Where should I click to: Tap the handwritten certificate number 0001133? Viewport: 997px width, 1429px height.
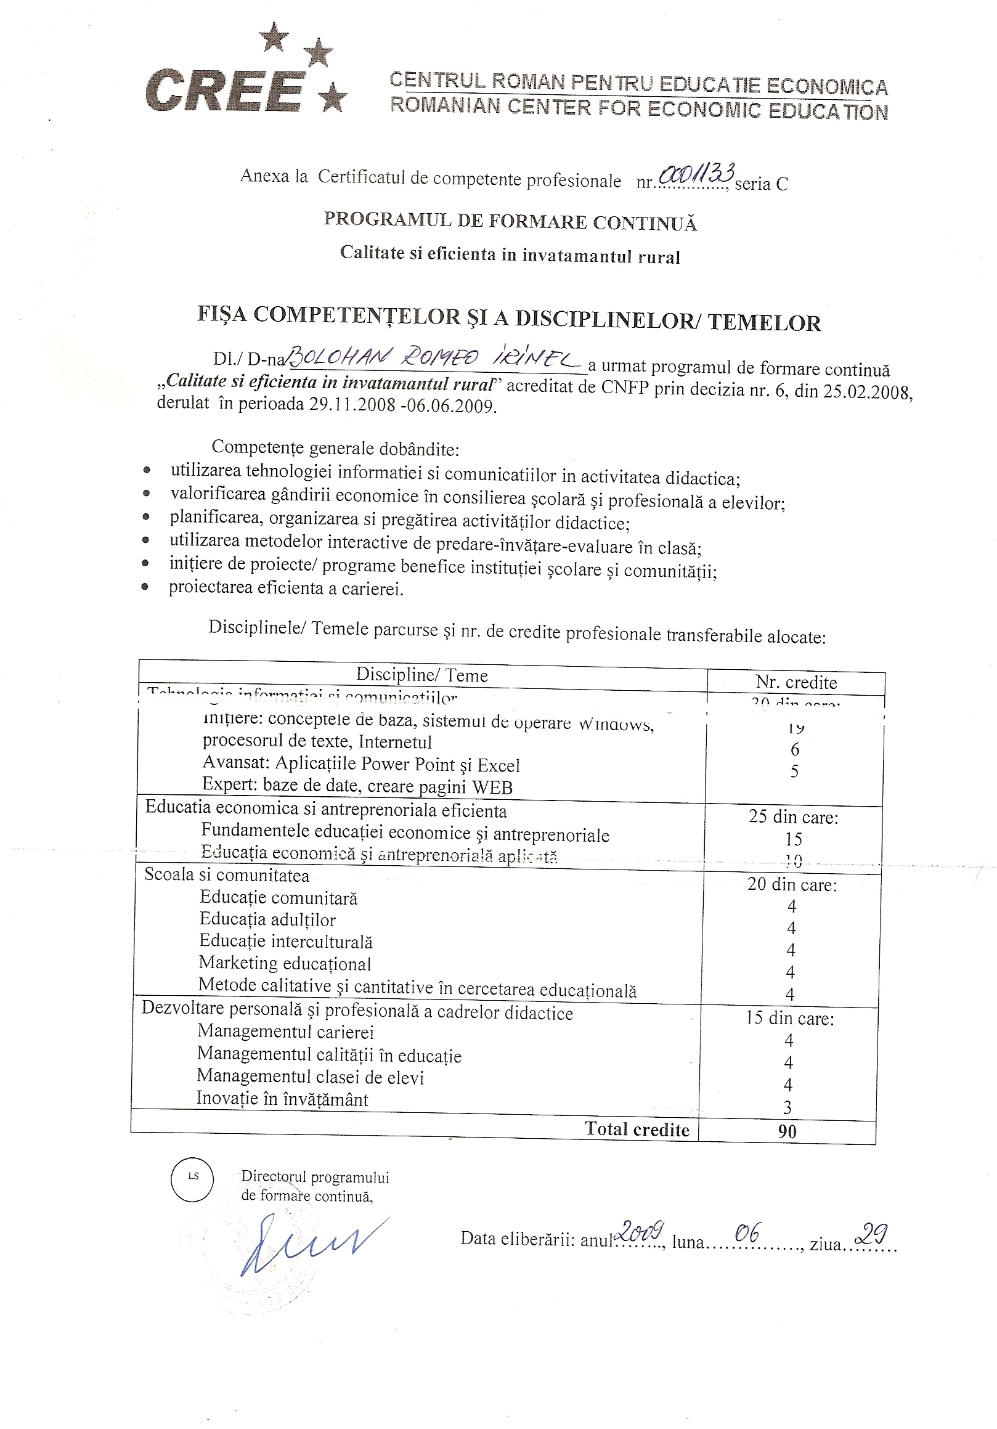pyautogui.click(x=697, y=175)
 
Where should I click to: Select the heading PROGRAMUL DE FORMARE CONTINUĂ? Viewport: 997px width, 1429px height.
pyautogui.click(x=510, y=222)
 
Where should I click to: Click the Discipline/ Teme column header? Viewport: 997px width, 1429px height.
pyautogui.click(x=421, y=675)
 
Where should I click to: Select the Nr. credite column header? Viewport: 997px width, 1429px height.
pyautogui.click(x=796, y=682)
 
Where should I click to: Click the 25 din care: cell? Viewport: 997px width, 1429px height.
pyautogui.click(x=794, y=816)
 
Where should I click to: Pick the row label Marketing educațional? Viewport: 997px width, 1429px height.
pyautogui.click(x=285, y=964)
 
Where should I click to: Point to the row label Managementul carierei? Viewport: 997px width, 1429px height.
pyautogui.click(x=285, y=1032)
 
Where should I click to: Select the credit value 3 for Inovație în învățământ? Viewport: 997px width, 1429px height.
pyautogui.click(x=787, y=1108)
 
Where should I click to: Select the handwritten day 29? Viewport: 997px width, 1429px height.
pyautogui.click(x=871, y=1234)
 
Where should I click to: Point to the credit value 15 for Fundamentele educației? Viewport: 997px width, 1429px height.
pyautogui.click(x=794, y=839)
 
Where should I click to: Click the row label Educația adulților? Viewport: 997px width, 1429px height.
pyautogui.click(x=267, y=919)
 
